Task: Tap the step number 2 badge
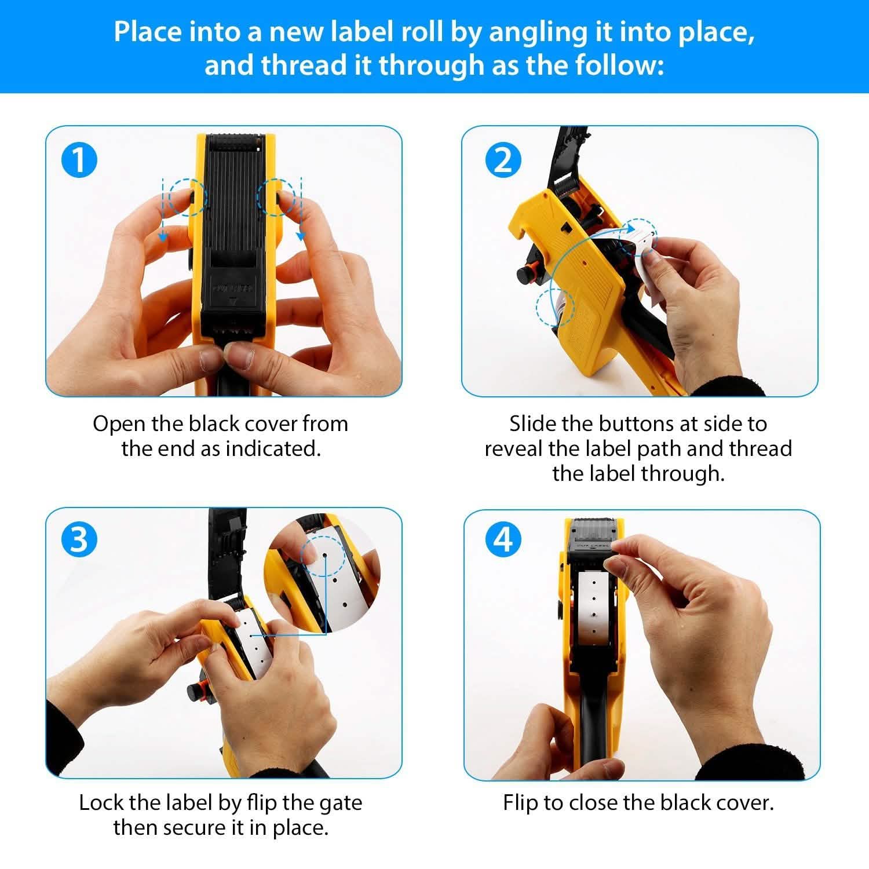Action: pyautogui.click(x=502, y=160)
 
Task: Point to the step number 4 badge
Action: pyautogui.click(x=502, y=539)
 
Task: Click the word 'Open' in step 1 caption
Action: pyautogui.click(x=118, y=424)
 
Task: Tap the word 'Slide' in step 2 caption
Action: pyautogui.click(x=532, y=424)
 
